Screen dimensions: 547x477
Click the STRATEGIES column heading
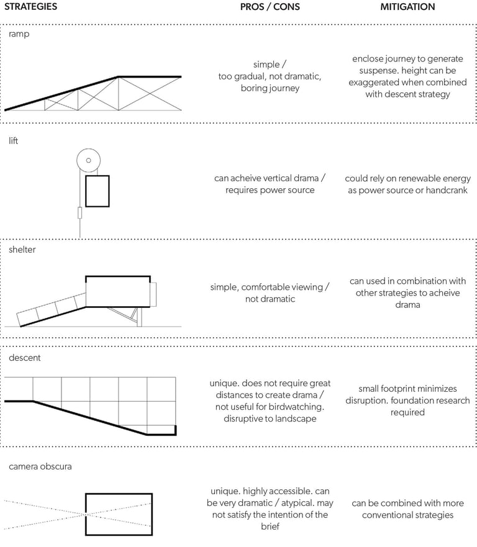pyautogui.click(x=31, y=7)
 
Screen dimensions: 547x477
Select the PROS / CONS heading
pyautogui.click(x=270, y=7)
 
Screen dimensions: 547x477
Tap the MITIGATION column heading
pyautogui.click(x=407, y=7)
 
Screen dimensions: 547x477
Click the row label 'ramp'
pyautogui.click(x=19, y=34)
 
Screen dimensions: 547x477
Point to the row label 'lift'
pyautogui.click(x=14, y=141)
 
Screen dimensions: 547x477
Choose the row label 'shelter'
pyautogui.click(x=22, y=250)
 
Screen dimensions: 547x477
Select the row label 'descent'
pyautogui.click(x=24, y=358)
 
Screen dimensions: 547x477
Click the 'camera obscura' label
pyautogui.click(x=40, y=466)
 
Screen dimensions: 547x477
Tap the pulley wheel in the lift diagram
pyautogui.click(x=88, y=161)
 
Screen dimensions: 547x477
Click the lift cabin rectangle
pyautogui.click(x=97, y=191)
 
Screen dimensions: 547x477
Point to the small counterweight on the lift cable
pyautogui.click(x=79, y=213)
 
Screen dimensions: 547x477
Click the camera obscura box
pyautogui.click(x=118, y=514)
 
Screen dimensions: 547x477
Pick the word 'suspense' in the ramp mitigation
pyautogui.click(x=374, y=71)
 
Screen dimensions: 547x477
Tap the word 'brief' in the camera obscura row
pyautogui.click(x=270, y=527)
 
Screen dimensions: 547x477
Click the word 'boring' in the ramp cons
pyautogui.click(x=255, y=88)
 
